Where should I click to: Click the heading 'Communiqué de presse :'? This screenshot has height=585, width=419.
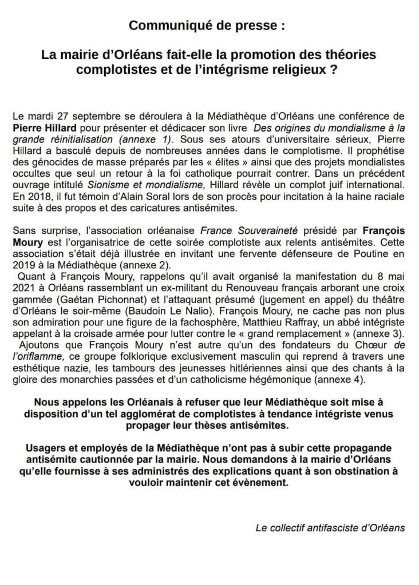click(209, 26)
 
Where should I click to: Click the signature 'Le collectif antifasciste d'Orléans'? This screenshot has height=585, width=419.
click(330, 527)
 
